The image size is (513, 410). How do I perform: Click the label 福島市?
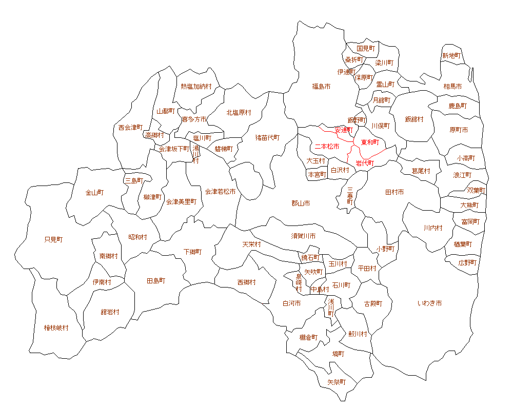tap(321, 87)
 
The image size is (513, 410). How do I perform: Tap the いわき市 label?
tap(429, 303)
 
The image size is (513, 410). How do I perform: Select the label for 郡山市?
tap(301, 203)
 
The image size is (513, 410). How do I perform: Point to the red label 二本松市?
tap(327, 147)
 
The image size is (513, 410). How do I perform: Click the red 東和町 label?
tap(369, 142)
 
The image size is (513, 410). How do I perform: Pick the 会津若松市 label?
tap(220, 192)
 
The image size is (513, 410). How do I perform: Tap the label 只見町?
tap(53, 239)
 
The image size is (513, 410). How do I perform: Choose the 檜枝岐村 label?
tap(56, 328)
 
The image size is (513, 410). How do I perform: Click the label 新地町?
tap(451, 55)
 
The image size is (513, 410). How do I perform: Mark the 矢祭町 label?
tap(337, 382)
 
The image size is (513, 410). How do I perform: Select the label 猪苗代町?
tap(268, 137)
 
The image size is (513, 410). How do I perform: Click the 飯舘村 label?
tap(414, 119)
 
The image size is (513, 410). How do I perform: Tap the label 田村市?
tap(394, 192)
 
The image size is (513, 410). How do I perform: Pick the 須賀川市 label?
tap(303, 236)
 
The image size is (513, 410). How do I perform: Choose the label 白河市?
tap(291, 303)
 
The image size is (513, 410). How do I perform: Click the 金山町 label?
tap(94, 193)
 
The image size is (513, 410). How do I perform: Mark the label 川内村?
tap(432, 228)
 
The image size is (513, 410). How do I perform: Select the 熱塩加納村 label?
tap(196, 87)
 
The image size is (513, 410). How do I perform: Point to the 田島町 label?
tap(156, 281)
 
